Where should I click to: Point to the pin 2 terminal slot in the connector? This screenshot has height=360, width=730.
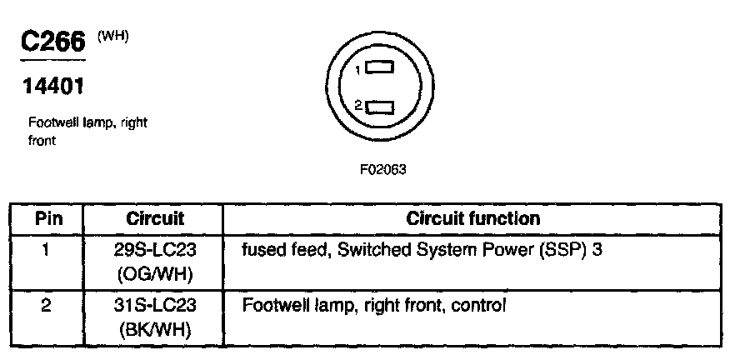379,107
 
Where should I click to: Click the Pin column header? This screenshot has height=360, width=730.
47,219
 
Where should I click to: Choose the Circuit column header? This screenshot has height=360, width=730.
155,219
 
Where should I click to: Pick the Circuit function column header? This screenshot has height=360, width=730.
472,219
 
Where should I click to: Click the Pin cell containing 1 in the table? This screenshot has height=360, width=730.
47,249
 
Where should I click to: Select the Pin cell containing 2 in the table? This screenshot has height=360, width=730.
47,306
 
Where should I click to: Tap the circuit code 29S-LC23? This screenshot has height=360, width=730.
155,249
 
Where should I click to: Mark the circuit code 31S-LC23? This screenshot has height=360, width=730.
155,306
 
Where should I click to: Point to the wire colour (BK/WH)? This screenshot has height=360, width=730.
155,329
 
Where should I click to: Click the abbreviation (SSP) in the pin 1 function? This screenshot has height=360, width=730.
566,249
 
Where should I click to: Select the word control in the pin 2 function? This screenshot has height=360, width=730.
477,306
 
